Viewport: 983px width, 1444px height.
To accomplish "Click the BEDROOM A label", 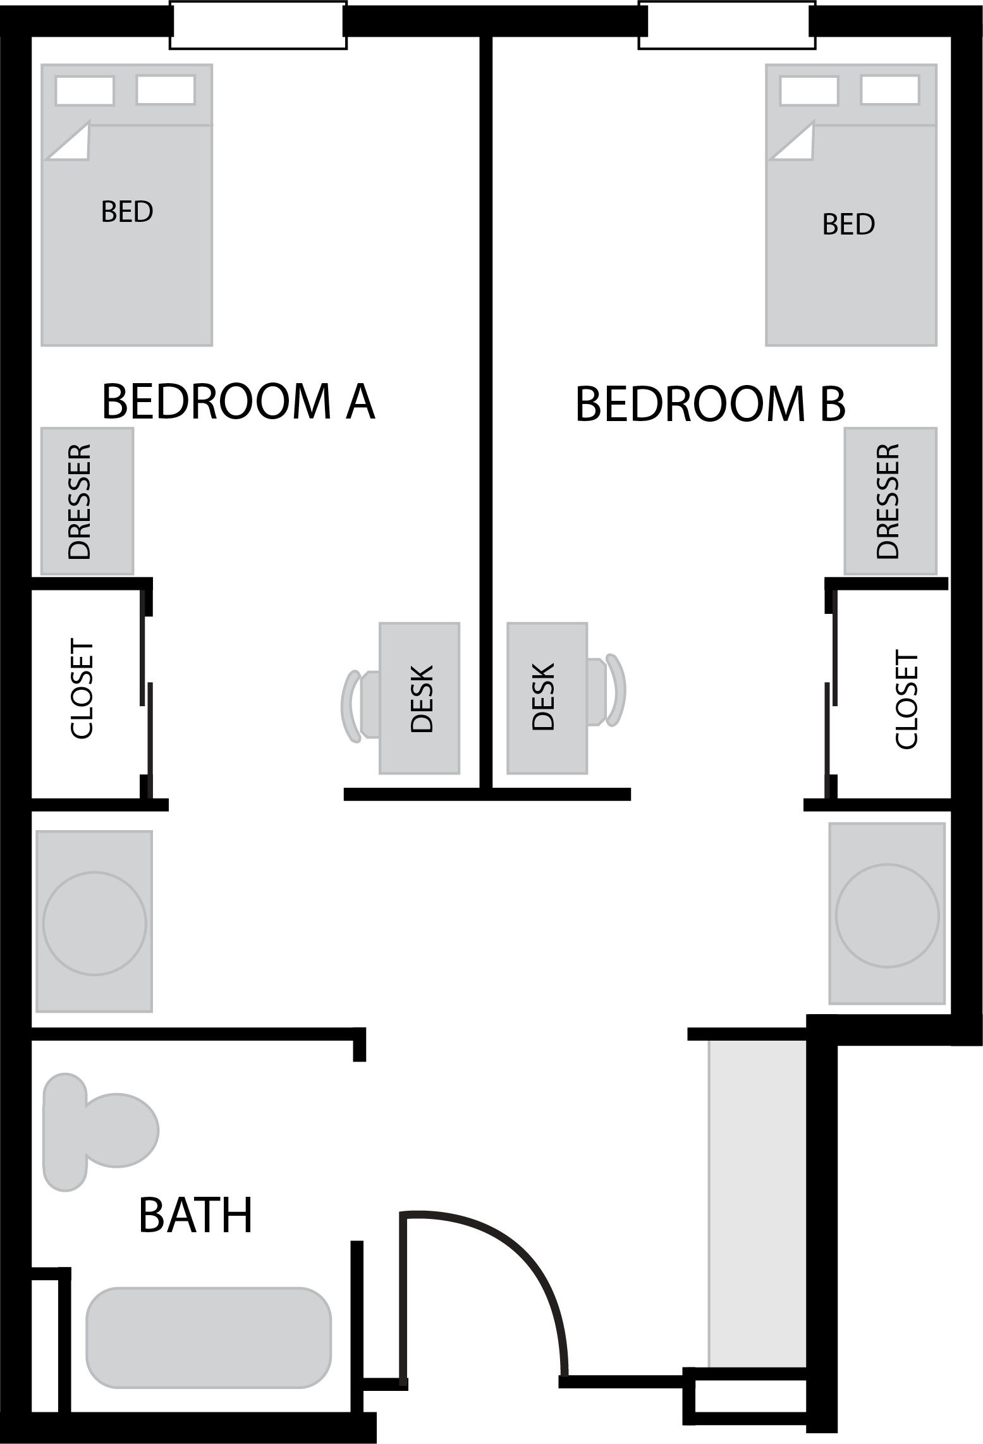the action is pyautogui.click(x=238, y=401).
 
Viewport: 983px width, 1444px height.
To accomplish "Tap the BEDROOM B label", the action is pyautogui.click(x=710, y=404).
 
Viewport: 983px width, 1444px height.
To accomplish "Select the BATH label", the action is pyautogui.click(x=195, y=1215).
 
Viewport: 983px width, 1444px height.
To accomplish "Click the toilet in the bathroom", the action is pyautogui.click(x=100, y=1131).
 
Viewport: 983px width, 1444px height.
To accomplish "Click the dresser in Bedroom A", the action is pyautogui.click(x=87, y=501).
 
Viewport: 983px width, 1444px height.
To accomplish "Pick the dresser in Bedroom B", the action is pyautogui.click(x=890, y=501).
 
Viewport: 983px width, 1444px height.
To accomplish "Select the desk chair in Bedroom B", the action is pyautogui.click(x=606, y=690).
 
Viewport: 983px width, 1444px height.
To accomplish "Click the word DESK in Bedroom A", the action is pyautogui.click(x=422, y=698).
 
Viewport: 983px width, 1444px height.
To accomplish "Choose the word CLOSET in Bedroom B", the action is pyautogui.click(x=906, y=700).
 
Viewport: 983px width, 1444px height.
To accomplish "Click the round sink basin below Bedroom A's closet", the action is pyautogui.click(x=95, y=924).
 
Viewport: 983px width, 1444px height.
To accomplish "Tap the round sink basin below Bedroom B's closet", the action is pyautogui.click(x=887, y=915).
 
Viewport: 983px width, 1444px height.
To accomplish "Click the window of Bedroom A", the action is pyautogui.click(x=258, y=26).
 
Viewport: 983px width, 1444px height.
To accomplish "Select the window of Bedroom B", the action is pyautogui.click(x=727, y=26).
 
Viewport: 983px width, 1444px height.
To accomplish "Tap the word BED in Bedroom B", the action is pyautogui.click(x=848, y=224).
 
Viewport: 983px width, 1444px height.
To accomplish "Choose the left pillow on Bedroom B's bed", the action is pyautogui.click(x=809, y=90).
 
